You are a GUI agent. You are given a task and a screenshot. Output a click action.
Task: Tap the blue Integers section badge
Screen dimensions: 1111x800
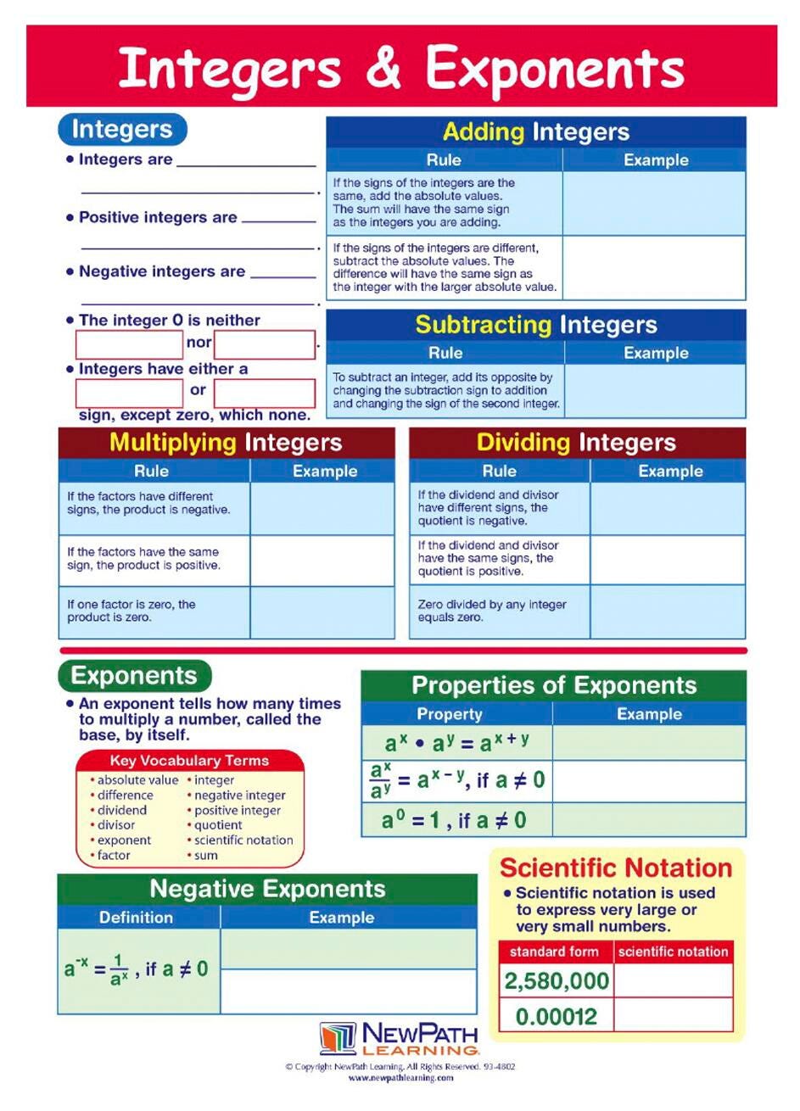pos(122,130)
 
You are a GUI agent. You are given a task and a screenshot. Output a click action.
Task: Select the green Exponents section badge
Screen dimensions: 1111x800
pos(134,676)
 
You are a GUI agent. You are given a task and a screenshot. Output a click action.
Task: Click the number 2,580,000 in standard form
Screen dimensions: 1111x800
pos(557,981)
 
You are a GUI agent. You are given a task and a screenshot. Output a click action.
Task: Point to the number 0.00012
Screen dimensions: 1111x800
pos(557,1016)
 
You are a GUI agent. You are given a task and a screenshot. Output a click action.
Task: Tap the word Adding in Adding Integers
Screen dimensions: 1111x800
pos(484,131)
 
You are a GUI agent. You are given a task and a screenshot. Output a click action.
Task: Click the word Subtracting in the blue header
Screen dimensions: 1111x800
pos(483,325)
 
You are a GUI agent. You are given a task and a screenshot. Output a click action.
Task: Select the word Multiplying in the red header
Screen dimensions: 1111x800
pos(173,442)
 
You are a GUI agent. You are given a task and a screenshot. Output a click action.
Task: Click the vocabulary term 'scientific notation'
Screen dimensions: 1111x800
pos(243,840)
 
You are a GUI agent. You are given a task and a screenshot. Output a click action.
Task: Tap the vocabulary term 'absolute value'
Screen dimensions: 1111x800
pos(137,780)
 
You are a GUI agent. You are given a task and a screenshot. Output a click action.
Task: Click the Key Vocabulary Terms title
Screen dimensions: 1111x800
pos(189,761)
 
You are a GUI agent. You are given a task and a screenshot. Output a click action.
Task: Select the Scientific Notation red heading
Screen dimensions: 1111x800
pos(616,868)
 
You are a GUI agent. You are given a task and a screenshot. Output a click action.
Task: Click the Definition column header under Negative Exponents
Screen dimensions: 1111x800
pos(136,917)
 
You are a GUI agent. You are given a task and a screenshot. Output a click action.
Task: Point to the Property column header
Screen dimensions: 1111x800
pos(450,714)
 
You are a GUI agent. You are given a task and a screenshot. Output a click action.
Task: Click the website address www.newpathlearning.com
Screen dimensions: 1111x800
pos(400,1078)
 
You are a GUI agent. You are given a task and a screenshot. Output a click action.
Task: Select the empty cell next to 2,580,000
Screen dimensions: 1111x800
pos(674,981)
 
